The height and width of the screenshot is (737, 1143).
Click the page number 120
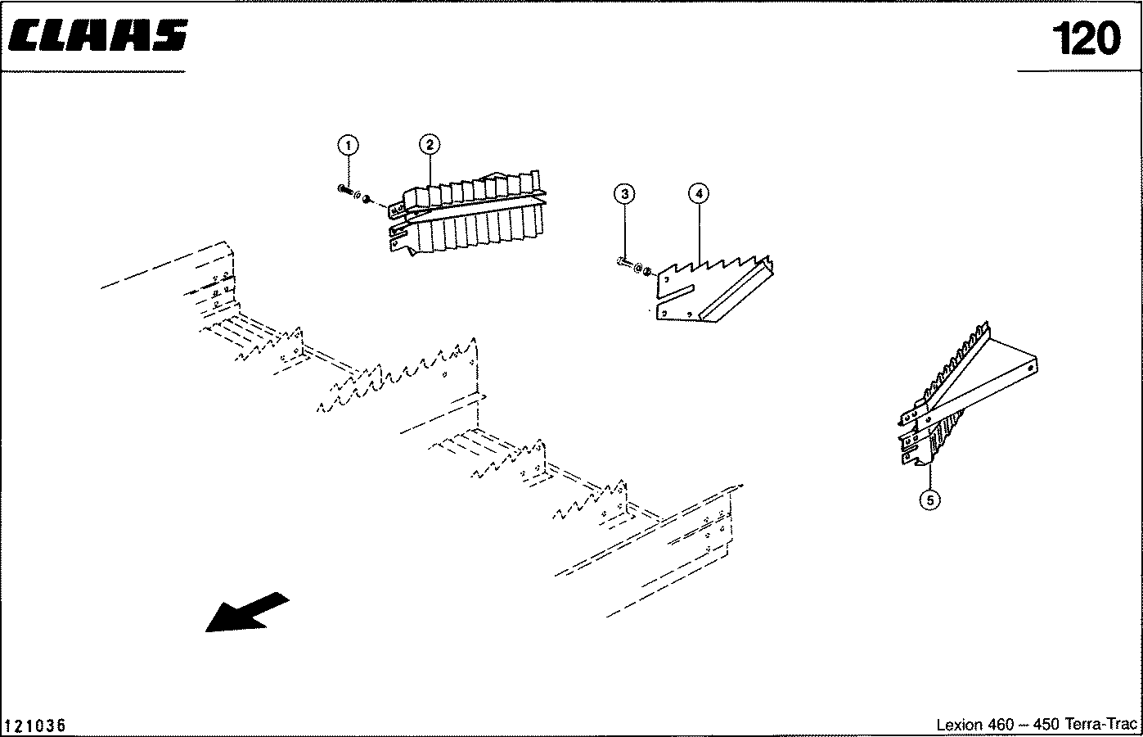[1085, 38]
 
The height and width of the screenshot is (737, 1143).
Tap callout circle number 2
[430, 146]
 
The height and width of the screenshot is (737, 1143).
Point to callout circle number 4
[698, 194]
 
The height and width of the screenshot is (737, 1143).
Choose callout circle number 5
[929, 498]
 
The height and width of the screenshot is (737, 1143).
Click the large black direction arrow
[245, 612]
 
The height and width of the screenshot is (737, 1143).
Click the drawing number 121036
[35, 726]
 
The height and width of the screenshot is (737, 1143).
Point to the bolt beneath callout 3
[623, 262]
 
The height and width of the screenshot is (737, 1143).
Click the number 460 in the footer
[1001, 726]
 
